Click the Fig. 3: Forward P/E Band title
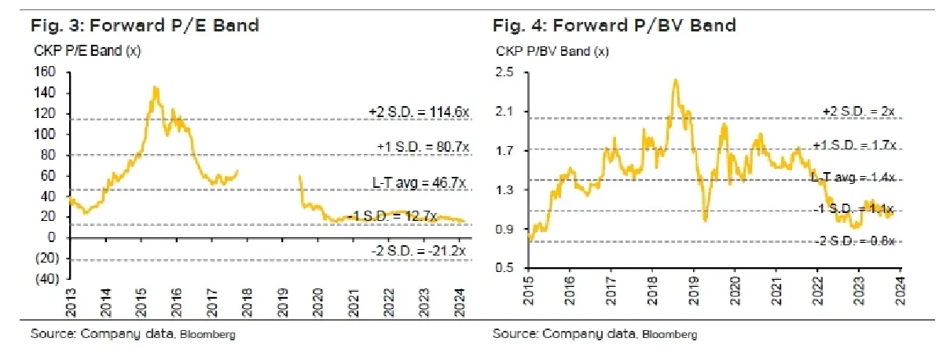point(145,26)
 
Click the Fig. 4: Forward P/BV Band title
point(615,26)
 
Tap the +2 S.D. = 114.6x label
point(418,112)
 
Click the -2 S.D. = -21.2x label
point(420,252)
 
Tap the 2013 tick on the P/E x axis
point(71,303)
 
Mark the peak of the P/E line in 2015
point(156,87)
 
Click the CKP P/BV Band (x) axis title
point(552,52)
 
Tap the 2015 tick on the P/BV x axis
point(529,292)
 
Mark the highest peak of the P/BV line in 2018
point(675,79)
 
